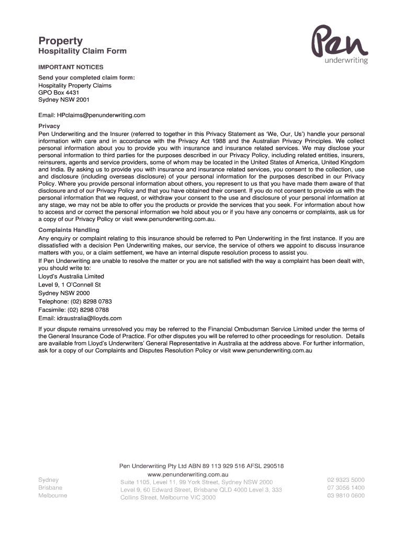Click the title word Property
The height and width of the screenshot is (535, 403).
coord(61,41)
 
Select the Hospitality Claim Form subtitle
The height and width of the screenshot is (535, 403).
coord(82,51)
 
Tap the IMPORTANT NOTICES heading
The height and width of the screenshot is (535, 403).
coord(71,67)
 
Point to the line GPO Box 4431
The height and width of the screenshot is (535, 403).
coord(59,92)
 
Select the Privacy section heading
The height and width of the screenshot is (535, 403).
coord(49,126)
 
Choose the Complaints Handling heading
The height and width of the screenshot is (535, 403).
coord(69,230)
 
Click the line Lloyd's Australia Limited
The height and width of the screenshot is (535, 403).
coord(71,276)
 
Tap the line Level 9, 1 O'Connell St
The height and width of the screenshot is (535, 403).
coord(70,285)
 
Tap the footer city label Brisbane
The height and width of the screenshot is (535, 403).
coord(50,487)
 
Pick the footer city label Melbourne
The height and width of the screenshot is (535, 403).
coord(52,495)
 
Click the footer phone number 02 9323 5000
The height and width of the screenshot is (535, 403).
coord(346,480)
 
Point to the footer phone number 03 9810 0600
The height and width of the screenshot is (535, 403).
coord(346,496)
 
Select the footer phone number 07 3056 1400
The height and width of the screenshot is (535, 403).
coord(346,487)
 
